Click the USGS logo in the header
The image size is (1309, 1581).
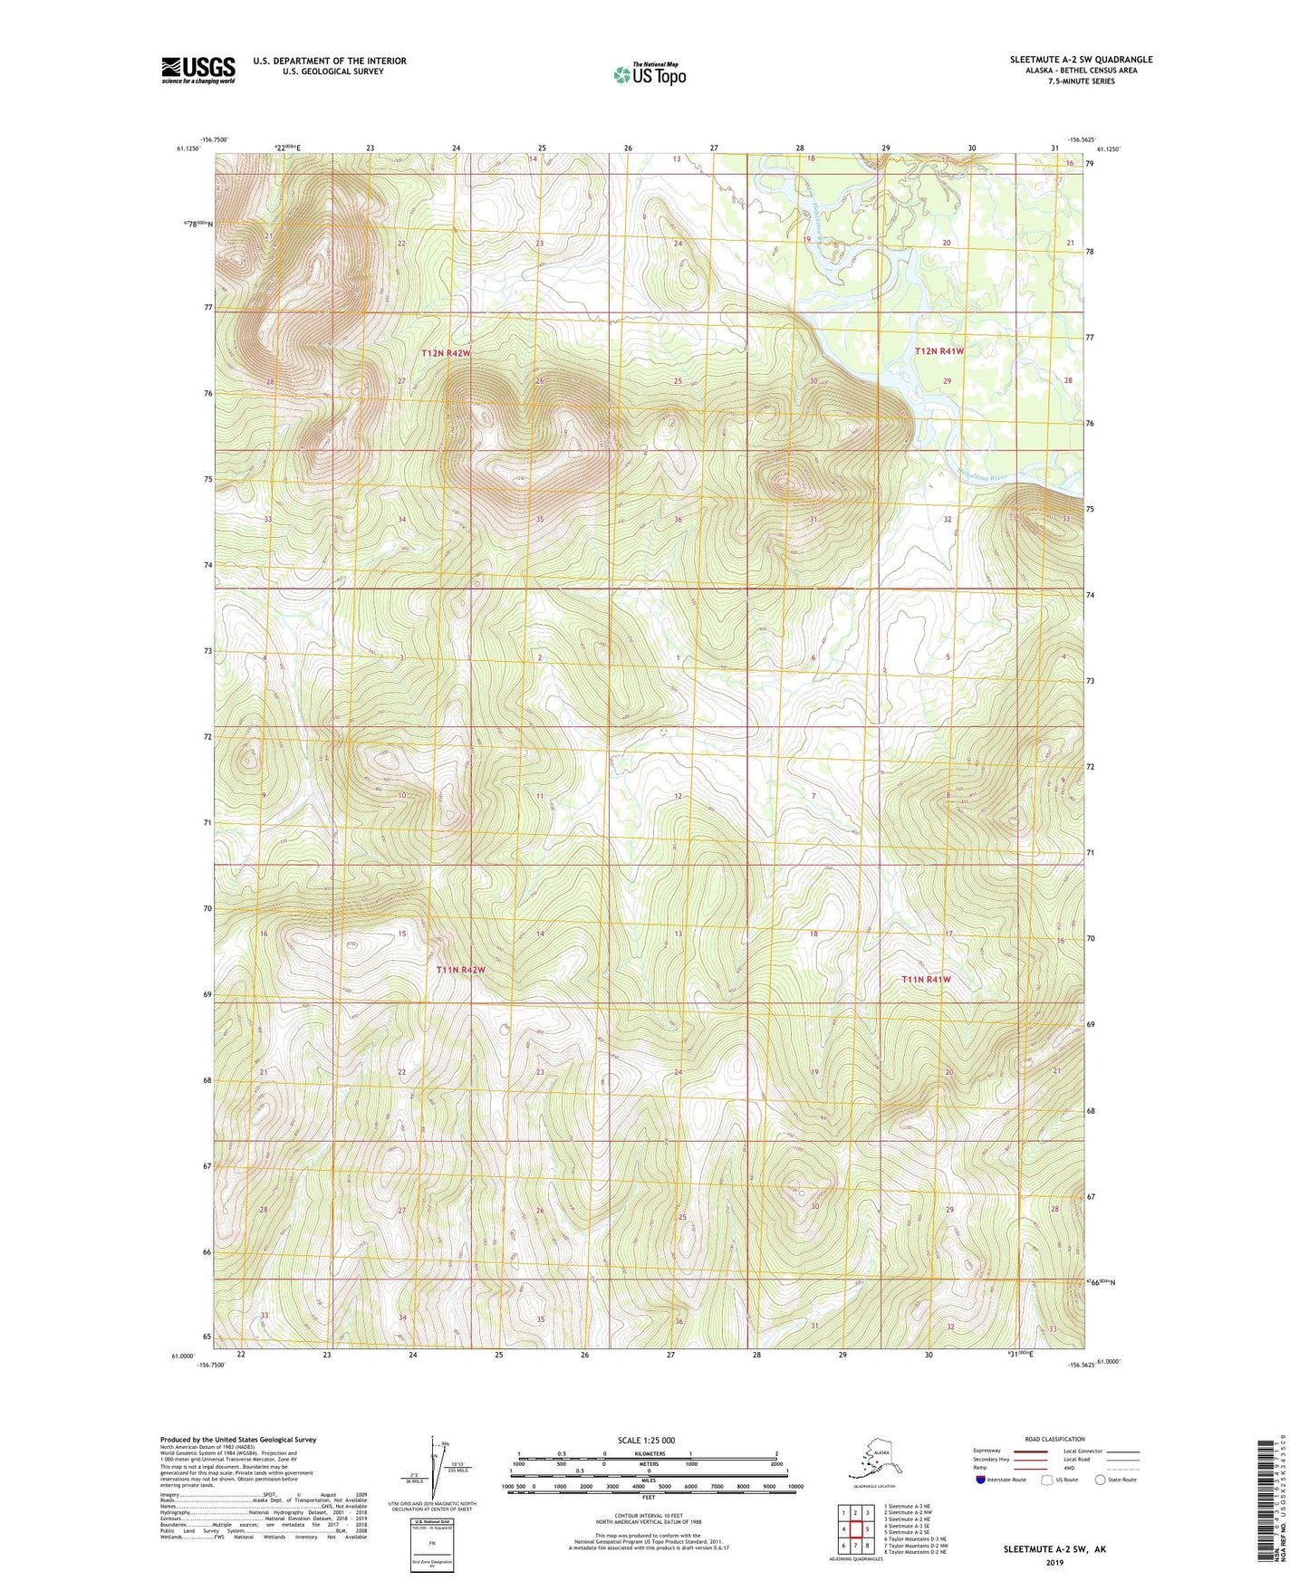coord(197,70)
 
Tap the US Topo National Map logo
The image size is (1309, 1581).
coord(650,74)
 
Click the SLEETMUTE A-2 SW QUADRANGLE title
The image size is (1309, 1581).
coord(1081,60)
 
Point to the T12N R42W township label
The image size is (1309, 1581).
coord(446,352)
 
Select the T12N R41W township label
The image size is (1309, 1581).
coord(939,350)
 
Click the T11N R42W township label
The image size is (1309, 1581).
coord(460,970)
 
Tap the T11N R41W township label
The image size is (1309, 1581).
coord(926,980)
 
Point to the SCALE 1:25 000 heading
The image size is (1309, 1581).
coord(646,1441)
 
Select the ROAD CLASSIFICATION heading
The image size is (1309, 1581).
coord(1054,1439)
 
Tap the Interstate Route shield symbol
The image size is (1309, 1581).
coord(981,1480)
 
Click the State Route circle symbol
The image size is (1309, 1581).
coord(1100,1480)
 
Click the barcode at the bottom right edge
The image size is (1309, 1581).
coord(1268,1503)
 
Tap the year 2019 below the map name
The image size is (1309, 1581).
coord(1054,1562)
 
